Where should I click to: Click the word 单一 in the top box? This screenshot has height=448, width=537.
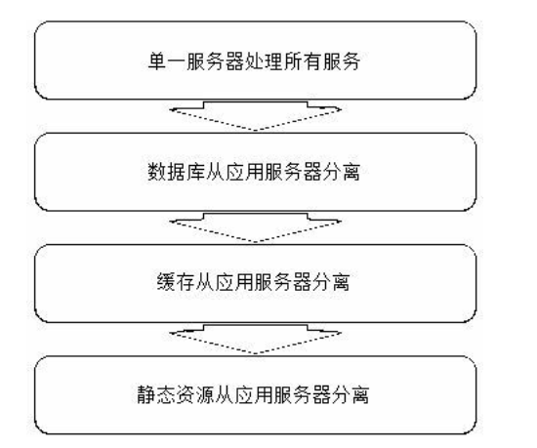click(167, 61)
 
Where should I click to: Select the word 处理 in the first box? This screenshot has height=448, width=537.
click(264, 61)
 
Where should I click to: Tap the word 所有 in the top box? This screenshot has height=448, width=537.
click(302, 61)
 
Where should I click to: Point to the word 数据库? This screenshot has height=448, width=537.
click(176, 172)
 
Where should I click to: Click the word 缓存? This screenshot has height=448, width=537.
click(176, 282)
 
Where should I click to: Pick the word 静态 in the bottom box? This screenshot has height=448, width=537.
click(156, 394)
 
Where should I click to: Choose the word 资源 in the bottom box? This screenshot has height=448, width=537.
click(195, 394)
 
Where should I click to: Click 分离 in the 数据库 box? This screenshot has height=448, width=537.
click(341, 172)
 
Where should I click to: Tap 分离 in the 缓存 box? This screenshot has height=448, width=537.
click(331, 282)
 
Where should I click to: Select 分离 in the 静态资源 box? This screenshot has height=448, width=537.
click(351, 394)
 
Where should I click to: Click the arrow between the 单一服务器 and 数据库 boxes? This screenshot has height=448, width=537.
click(256, 116)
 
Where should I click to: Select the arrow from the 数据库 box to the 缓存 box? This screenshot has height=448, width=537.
click(256, 227)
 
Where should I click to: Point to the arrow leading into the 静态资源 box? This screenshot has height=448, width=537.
click(256, 339)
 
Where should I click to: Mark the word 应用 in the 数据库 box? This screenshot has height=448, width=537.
click(244, 172)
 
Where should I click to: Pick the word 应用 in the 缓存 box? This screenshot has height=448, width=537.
click(234, 282)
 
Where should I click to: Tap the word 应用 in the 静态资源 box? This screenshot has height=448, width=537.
click(254, 394)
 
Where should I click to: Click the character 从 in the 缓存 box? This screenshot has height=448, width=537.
click(205, 282)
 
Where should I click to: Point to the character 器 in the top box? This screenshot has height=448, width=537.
click(234, 61)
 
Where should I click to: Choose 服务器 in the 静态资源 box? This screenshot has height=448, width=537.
click(302, 394)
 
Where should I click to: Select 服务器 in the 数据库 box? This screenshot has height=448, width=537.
click(293, 172)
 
